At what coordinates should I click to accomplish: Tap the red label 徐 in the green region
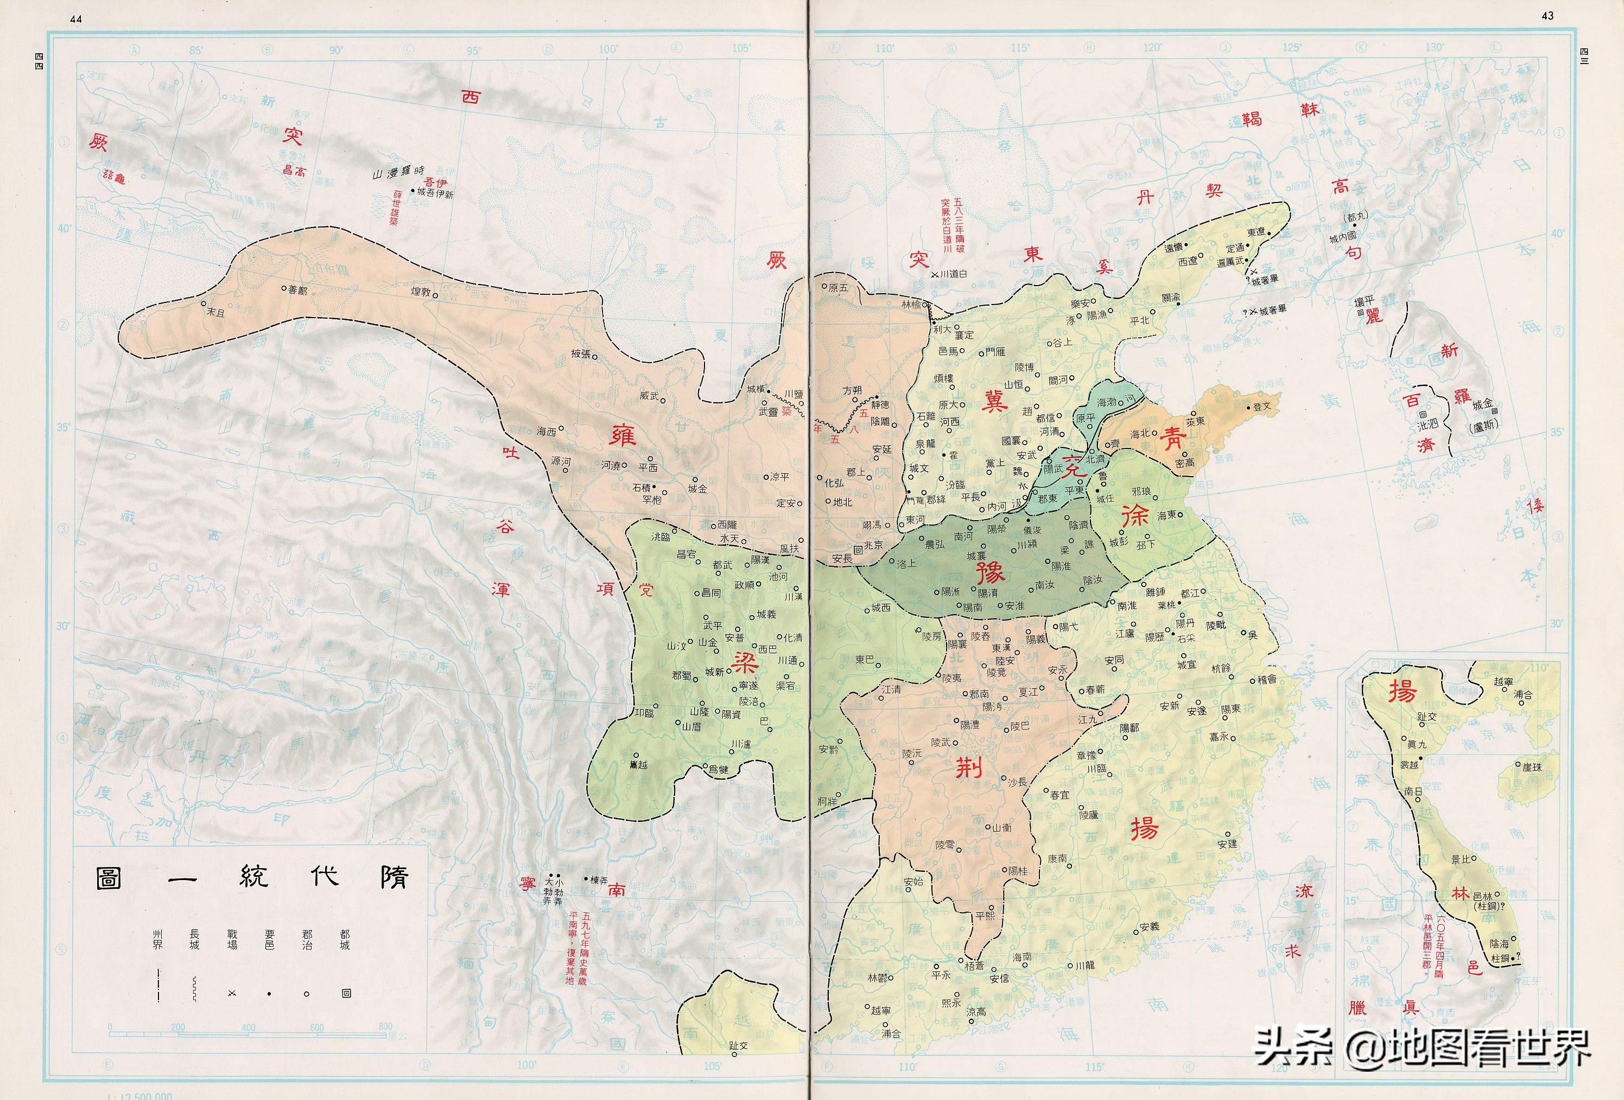pos(1135,516)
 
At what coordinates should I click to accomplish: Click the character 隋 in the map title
pos(394,878)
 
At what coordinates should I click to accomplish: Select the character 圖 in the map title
pos(109,878)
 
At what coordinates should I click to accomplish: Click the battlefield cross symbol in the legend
pos(232,994)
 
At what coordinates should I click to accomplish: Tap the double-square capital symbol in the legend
pos(346,994)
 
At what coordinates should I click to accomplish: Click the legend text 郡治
pos(307,939)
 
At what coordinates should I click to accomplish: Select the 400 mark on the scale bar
pos(248,1027)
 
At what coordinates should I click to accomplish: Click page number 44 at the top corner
pos(76,19)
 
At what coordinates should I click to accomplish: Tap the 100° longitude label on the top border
pos(607,49)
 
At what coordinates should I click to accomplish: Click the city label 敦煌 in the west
pos(421,292)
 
